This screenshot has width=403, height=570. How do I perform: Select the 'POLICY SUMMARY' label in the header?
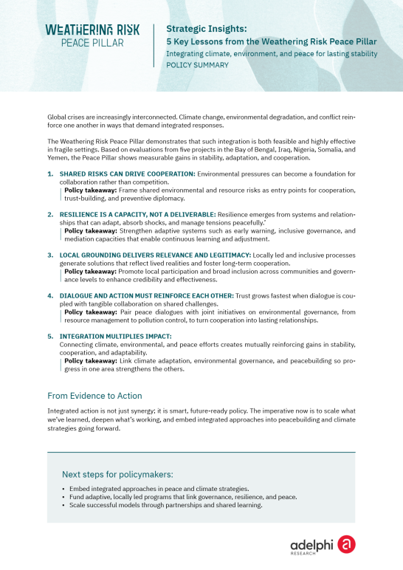pos(197,65)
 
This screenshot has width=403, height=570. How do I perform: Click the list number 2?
pos(51,213)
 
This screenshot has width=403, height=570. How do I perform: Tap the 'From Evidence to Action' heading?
pos(94,395)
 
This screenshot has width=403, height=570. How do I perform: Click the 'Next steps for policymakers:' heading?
pos(117,474)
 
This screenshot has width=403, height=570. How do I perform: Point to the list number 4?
pos(51,295)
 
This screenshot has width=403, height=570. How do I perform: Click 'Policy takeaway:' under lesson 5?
pos(89,360)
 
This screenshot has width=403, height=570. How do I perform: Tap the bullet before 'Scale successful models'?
pos(63,505)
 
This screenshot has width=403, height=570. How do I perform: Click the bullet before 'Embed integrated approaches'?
pos(63,490)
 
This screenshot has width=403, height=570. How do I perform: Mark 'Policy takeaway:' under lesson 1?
pos(89,190)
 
